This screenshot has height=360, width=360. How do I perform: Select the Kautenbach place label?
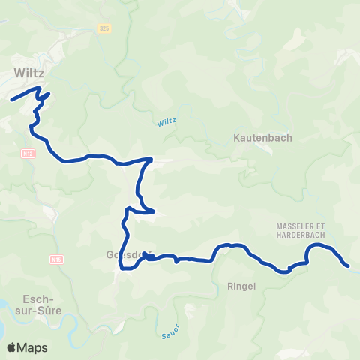tap(262, 138)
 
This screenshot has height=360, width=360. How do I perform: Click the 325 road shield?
tap(103, 28)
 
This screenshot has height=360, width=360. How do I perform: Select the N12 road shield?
tap(28, 152)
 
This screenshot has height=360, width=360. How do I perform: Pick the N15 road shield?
tap(56, 259)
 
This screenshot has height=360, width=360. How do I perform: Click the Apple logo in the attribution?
tap(12, 347)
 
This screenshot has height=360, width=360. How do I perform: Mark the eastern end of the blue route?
tap(348, 265)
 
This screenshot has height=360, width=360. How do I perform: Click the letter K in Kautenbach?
tap(237, 138)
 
